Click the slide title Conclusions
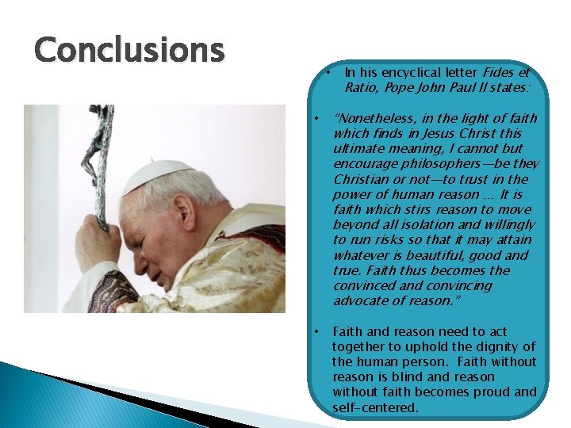pyautogui.click(x=129, y=49)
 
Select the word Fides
pyautogui.click(x=500, y=72)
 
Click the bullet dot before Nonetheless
pyautogui.click(x=316, y=118)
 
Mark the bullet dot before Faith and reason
pyautogui.click(x=316, y=331)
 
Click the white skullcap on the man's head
pyautogui.click(x=159, y=174)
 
